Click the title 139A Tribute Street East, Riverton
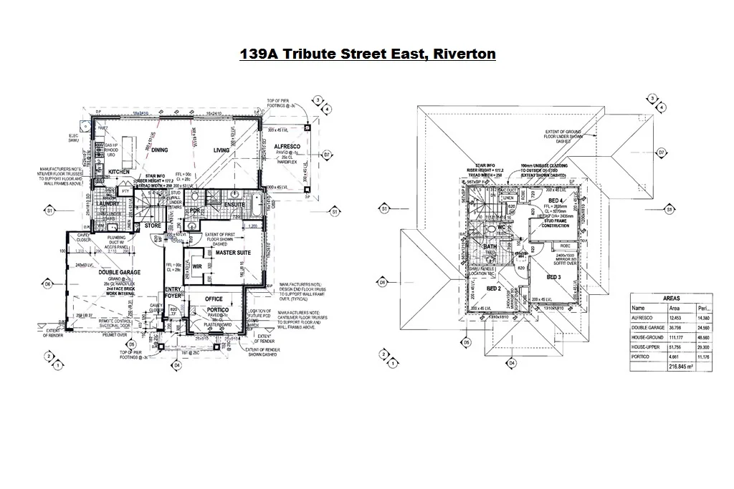[x=367, y=54]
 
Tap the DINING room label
[x=159, y=150]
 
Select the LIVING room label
[x=221, y=150]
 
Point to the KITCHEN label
[x=119, y=173]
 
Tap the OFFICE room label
[x=214, y=299]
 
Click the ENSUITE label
[x=234, y=205]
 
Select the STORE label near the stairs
[x=153, y=226]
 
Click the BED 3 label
[x=553, y=277]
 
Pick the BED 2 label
[x=493, y=289]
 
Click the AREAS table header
[x=672, y=298]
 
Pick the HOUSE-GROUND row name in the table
[x=647, y=337]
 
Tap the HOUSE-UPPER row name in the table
[x=647, y=347]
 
